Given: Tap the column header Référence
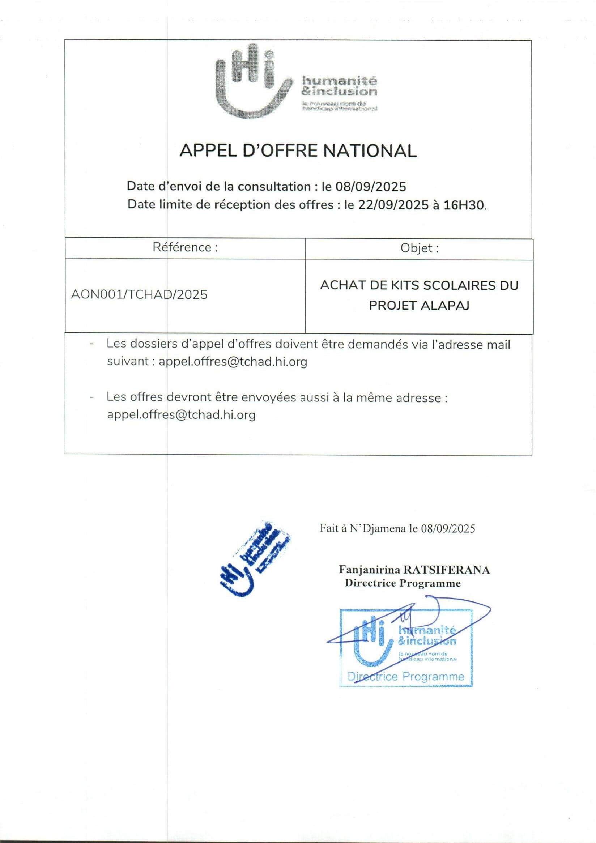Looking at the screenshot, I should click(185, 247).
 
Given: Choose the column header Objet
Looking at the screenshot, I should click(420, 248).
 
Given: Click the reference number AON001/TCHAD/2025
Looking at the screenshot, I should click(139, 294).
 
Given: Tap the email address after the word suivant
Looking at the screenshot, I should click(233, 362).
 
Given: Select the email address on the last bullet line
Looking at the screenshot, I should click(181, 415).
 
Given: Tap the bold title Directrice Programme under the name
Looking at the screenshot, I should click(403, 583).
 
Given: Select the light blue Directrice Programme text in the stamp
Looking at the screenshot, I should click(406, 676).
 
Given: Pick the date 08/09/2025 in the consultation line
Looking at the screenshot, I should click(371, 187).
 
